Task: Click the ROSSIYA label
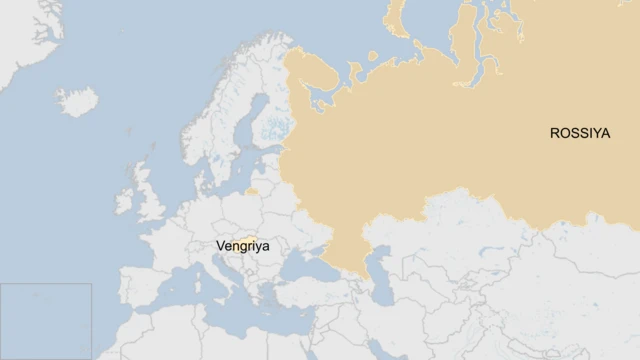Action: click(579, 132)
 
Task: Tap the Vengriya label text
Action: click(242, 245)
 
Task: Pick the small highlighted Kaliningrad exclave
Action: click(252, 190)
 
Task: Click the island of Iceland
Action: click(78, 101)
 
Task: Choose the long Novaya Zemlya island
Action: click(400, 25)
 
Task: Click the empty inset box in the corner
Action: click(46, 320)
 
